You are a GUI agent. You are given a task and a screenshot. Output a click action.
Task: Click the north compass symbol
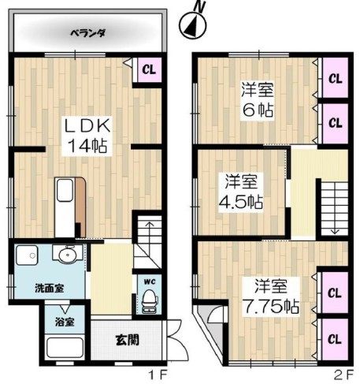(x=193, y=24)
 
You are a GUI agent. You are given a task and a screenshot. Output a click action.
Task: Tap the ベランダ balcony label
(x=88, y=34)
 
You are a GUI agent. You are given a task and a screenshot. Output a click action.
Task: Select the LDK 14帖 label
(x=87, y=136)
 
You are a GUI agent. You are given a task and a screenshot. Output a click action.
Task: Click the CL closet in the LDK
(x=150, y=69)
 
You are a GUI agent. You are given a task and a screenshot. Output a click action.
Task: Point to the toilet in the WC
(x=150, y=301)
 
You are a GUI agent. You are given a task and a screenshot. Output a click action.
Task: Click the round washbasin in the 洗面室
(x=68, y=254)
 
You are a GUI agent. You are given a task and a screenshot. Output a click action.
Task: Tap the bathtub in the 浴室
(x=65, y=348)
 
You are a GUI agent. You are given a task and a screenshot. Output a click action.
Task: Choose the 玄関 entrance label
(x=127, y=340)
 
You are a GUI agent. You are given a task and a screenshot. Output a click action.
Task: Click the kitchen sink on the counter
(x=65, y=190)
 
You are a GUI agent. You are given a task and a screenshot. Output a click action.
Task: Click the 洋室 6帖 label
(x=258, y=99)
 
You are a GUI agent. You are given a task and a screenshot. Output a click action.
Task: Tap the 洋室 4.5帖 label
(x=241, y=191)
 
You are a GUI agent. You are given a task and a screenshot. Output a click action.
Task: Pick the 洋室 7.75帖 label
(x=270, y=296)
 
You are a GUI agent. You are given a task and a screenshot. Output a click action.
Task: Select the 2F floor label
(x=343, y=375)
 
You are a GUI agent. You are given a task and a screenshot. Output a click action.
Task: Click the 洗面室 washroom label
(x=50, y=289)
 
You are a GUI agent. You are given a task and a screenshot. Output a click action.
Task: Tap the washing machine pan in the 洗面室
(x=27, y=255)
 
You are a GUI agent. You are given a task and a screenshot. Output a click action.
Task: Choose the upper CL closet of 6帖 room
(x=336, y=78)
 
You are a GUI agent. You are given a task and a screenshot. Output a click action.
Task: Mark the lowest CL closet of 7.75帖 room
(x=335, y=339)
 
